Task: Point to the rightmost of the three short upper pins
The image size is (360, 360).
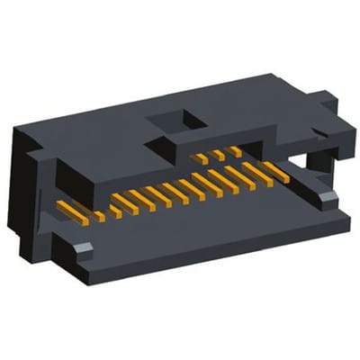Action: click(x=235, y=150)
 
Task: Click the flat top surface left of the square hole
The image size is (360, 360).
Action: click(x=99, y=126)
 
